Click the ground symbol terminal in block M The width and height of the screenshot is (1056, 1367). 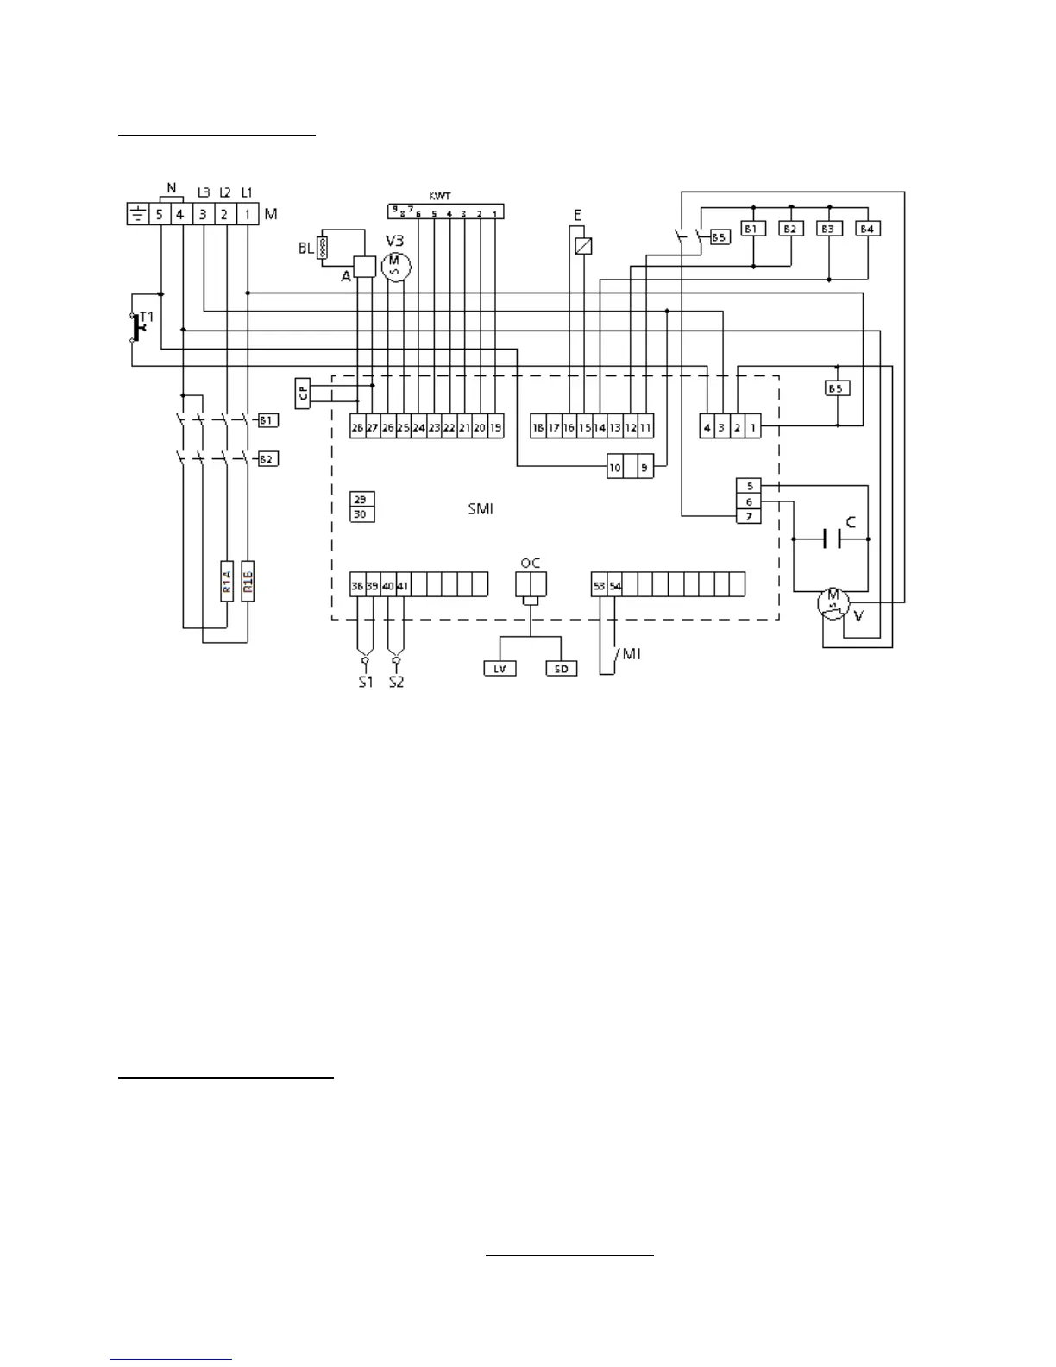pyautogui.click(x=138, y=214)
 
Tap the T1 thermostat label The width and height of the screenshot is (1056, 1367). pyautogui.click(x=147, y=318)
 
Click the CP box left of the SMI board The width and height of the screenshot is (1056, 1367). pyautogui.click(x=303, y=393)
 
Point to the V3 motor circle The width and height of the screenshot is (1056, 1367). pyautogui.click(x=396, y=266)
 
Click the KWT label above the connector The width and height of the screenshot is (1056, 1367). pyautogui.click(x=440, y=197)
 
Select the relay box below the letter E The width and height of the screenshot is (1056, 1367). pyautogui.click(x=583, y=246)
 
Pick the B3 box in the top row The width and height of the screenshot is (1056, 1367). pyautogui.click(x=829, y=229)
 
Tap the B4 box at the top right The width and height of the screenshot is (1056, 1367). pyautogui.click(x=867, y=229)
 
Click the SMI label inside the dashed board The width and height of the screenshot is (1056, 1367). pyautogui.click(x=481, y=509)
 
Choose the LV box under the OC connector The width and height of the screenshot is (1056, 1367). pyautogui.click(x=500, y=669)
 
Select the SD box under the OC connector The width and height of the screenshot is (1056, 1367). pyautogui.click(x=561, y=669)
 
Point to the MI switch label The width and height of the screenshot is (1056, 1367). pyautogui.click(x=632, y=654)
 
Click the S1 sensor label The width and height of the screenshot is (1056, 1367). pyautogui.click(x=366, y=682)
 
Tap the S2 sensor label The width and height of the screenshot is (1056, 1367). pyautogui.click(x=396, y=682)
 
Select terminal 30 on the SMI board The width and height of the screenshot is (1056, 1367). pyautogui.click(x=361, y=514)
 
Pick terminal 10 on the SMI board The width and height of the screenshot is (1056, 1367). pyautogui.click(x=615, y=467)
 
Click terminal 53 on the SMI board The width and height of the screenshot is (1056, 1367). pyautogui.click(x=599, y=586)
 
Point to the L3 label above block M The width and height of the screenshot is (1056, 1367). pyautogui.click(x=204, y=192)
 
